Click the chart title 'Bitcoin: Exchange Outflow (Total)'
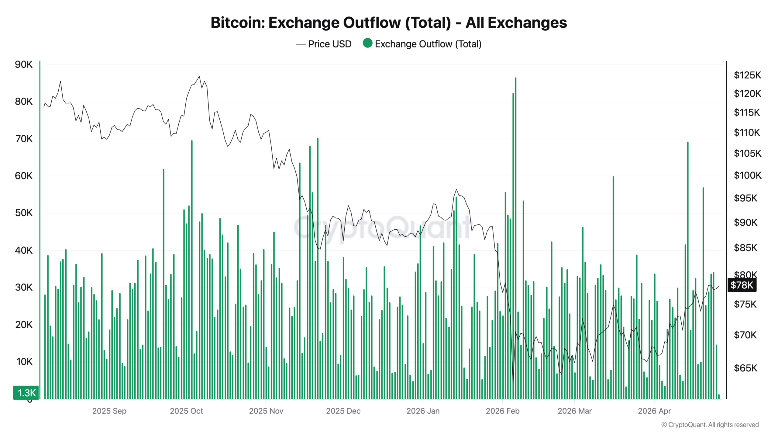tap(388, 23)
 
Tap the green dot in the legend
tap(367, 43)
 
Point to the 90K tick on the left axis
tap(24, 64)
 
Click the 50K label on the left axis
tap(24, 213)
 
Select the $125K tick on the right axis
tap(747, 75)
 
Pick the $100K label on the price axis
tap(747, 176)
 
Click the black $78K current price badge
tap(742, 285)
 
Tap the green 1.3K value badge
tap(26, 393)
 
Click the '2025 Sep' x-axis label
tap(109, 411)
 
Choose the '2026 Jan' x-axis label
tap(423, 411)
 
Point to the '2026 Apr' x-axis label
tap(654, 411)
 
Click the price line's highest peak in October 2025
tap(199, 76)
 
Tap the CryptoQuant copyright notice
tap(710, 425)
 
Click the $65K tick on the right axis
tap(745, 368)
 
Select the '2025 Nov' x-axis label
tap(266, 411)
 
